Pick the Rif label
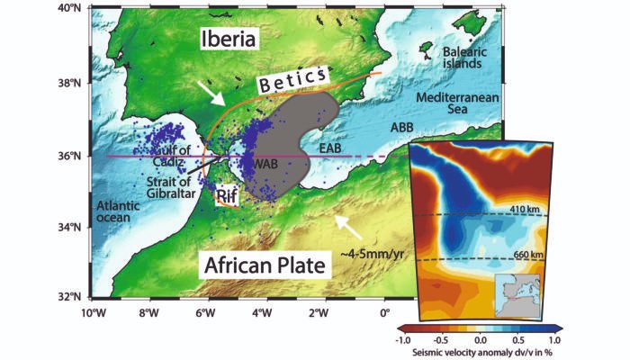[x=226, y=195]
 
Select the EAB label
[x=331, y=146]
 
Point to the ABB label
[x=401, y=128]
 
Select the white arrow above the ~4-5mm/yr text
[x=346, y=223]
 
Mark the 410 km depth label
[x=523, y=209]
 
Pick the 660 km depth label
[x=526, y=255]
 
